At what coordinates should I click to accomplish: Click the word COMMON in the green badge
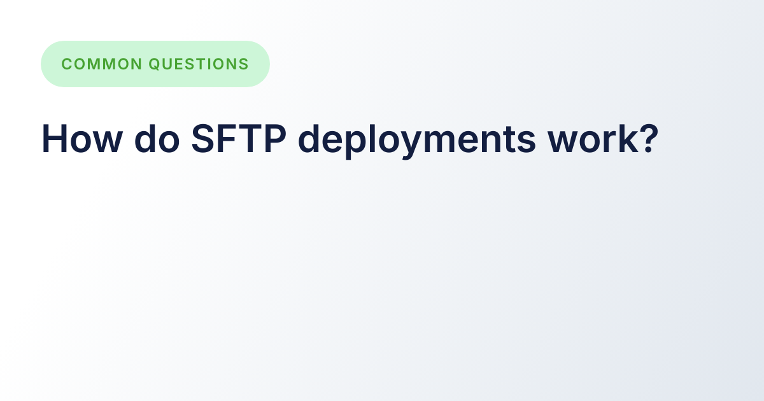click(x=102, y=64)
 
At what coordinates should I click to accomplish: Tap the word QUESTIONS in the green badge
click(x=199, y=64)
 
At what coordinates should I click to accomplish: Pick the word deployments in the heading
click(x=417, y=139)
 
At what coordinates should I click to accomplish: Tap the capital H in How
click(x=53, y=138)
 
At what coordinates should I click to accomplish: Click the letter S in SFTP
click(x=203, y=138)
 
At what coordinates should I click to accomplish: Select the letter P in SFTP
click(x=275, y=138)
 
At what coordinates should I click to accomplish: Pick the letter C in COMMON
click(x=67, y=64)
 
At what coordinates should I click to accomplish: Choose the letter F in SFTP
click(x=227, y=138)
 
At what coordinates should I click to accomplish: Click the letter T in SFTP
click(x=250, y=138)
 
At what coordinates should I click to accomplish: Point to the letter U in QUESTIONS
click(x=168, y=64)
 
